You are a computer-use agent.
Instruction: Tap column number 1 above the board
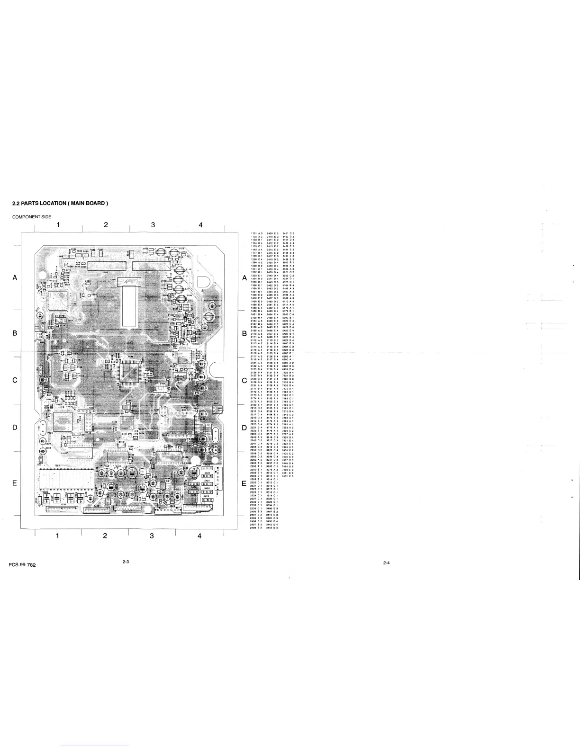pyautogui.click(x=58, y=224)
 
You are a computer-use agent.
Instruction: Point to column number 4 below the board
pyautogui.click(x=199, y=536)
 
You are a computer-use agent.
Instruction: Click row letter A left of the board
pyautogui.click(x=15, y=278)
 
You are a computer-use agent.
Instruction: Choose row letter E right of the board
pyautogui.click(x=244, y=484)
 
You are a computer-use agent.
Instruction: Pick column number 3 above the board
pyautogui.click(x=153, y=224)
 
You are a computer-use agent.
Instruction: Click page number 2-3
pyautogui.click(x=126, y=562)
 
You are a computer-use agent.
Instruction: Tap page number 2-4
pyautogui.click(x=387, y=563)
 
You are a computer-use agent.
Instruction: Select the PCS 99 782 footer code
pyautogui.click(x=22, y=565)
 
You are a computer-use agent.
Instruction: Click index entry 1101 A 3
pyautogui.click(x=256, y=233)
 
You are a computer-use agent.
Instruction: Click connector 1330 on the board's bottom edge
pyautogui.click(x=63, y=509)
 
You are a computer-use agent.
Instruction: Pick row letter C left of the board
pyautogui.click(x=15, y=380)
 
